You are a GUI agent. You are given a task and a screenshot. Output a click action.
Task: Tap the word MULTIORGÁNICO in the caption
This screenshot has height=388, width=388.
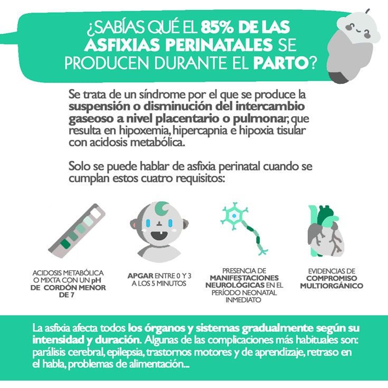332,286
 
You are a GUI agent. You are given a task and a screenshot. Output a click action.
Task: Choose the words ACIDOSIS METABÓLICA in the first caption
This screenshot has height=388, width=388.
68,272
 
